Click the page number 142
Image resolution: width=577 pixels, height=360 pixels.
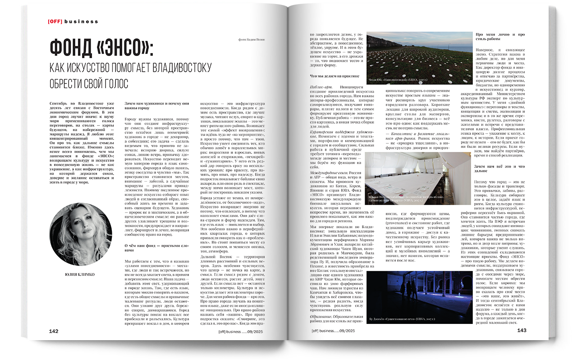(54, 331)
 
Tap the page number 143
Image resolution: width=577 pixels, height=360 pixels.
(522, 330)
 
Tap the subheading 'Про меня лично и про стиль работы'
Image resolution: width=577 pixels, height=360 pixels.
(500, 37)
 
